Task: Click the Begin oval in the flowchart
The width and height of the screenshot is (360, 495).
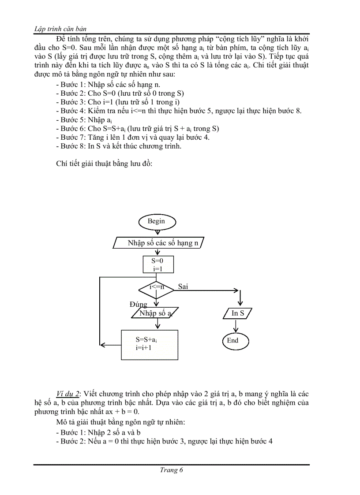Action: point(156,221)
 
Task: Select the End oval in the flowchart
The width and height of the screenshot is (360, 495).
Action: point(235,341)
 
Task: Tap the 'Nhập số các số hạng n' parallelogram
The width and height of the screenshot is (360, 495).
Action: point(159,243)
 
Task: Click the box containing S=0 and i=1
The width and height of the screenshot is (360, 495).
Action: point(157,264)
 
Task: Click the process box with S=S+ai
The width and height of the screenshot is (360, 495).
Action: point(150,344)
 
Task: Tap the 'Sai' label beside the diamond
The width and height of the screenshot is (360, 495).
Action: point(183,287)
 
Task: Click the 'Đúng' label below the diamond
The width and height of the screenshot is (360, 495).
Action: point(138,305)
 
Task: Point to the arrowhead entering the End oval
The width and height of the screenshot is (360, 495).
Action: point(236,330)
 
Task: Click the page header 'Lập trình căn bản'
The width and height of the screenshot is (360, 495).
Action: point(60,29)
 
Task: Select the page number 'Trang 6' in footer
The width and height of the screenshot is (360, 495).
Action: point(172,470)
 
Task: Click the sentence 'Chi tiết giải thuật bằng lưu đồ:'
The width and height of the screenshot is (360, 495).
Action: point(104,164)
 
